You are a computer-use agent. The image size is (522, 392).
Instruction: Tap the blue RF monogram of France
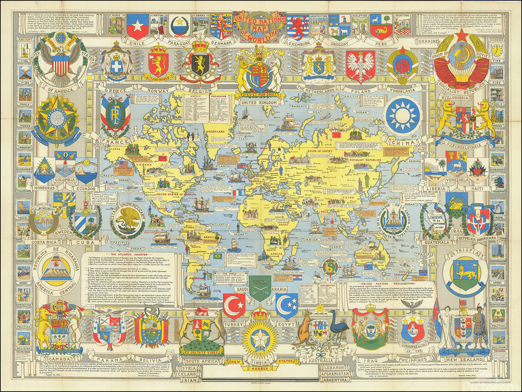pos(115,110)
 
